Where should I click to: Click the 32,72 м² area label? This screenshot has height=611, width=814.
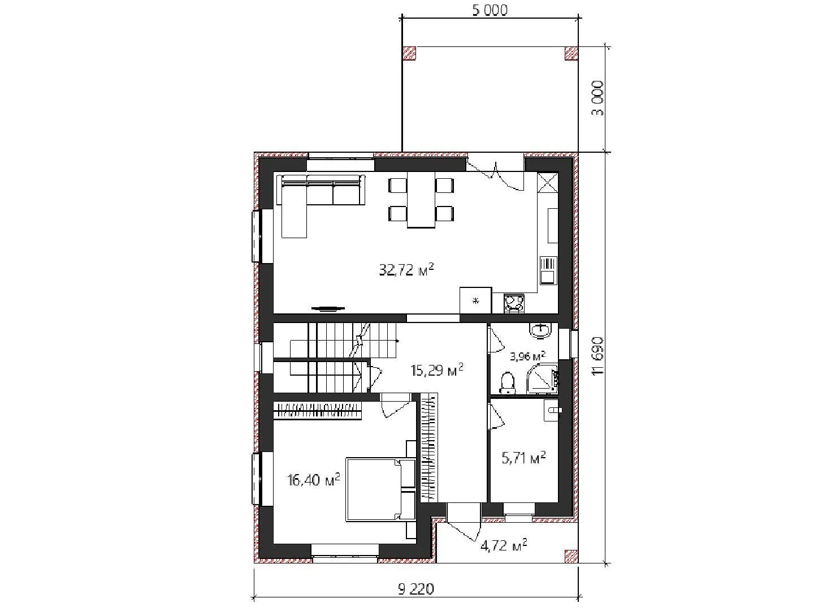(x=406, y=270)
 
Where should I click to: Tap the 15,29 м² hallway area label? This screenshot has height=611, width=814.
(x=437, y=369)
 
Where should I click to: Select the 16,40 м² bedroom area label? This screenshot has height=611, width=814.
(x=314, y=480)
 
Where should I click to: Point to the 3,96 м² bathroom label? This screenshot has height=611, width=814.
(x=527, y=356)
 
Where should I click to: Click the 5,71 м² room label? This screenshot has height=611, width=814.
(x=523, y=458)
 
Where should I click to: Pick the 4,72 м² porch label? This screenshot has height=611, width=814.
(x=504, y=545)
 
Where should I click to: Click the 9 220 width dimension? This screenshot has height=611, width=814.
(x=415, y=589)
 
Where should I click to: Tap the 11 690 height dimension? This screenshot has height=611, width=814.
(x=597, y=356)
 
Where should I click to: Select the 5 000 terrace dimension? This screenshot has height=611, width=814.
(x=490, y=10)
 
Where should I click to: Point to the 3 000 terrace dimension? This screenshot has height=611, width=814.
(x=597, y=98)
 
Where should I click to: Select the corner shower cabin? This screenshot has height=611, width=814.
(x=543, y=378)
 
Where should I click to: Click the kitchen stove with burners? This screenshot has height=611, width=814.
(x=514, y=303)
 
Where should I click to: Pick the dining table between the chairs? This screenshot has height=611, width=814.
(x=421, y=200)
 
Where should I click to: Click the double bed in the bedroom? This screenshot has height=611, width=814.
(x=380, y=489)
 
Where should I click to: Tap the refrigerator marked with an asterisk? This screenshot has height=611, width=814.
(x=476, y=300)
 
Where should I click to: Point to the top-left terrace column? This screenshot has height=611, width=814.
(x=409, y=53)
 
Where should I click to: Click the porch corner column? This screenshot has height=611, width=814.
(x=571, y=557)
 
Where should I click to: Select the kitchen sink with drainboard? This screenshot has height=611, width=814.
(x=548, y=270)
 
